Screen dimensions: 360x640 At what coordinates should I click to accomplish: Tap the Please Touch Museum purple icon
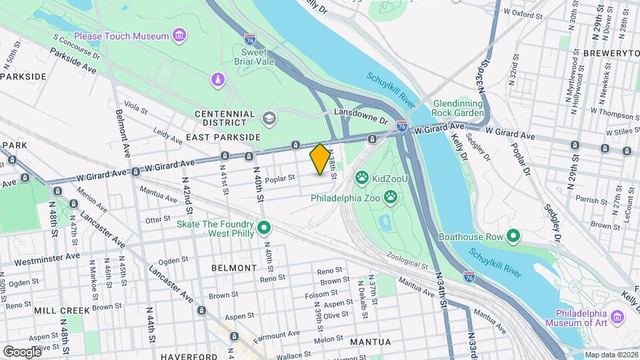[x=178, y=35]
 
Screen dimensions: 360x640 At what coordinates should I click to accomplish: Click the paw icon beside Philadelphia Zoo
[x=390, y=197]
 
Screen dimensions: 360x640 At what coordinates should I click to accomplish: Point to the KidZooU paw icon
[x=361, y=178]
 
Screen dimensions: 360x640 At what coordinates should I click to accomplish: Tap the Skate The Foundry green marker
[x=264, y=229]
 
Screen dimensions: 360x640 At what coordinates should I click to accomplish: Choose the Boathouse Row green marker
[x=513, y=236]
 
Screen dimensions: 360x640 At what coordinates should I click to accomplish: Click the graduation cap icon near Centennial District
[x=268, y=119]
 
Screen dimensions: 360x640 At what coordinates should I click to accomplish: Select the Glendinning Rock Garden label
[x=467, y=108]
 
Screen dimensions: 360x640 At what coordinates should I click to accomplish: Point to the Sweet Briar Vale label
[x=254, y=57]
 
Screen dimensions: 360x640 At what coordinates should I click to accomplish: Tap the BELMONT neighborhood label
[x=233, y=267]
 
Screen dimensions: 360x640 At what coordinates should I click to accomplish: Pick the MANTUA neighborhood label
[x=370, y=341]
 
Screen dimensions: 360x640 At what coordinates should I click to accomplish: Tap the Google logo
[x=22, y=351]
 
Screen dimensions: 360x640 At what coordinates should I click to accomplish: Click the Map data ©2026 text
[x=609, y=355]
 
